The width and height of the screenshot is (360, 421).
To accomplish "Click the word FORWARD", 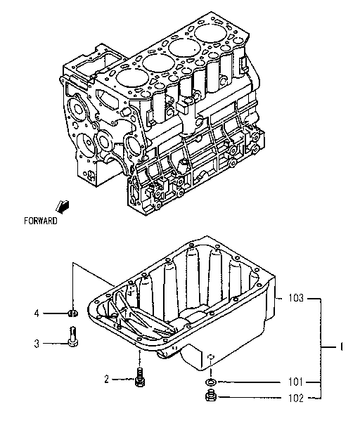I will (40, 220).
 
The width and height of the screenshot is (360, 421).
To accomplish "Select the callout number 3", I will (37, 343).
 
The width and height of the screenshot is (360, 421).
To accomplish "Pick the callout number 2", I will (107, 380).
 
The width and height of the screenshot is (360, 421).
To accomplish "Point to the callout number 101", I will (296, 382).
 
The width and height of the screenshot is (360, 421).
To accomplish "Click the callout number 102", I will (296, 398).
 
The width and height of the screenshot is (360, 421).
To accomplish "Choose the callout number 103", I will (296, 298).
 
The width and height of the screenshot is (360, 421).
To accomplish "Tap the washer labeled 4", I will (72, 312).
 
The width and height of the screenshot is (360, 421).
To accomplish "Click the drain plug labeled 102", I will (210, 398).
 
